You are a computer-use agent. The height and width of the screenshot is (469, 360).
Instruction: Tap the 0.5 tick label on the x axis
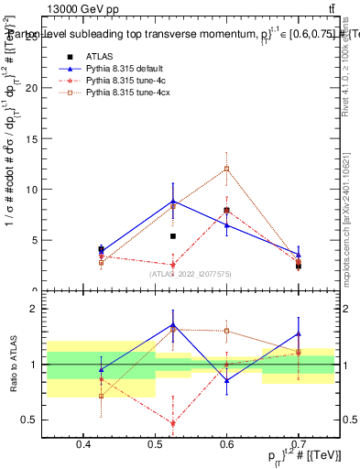coord(155,444)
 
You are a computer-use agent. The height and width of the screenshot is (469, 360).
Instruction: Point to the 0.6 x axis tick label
coord(226,444)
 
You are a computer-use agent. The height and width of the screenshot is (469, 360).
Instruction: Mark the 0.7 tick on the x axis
coord(298,444)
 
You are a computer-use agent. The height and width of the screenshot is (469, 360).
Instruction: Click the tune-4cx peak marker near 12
coord(227,169)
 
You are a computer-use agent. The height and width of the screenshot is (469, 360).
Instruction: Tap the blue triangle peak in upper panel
coord(172,201)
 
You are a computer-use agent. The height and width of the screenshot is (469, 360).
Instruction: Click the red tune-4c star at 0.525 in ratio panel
coord(172,422)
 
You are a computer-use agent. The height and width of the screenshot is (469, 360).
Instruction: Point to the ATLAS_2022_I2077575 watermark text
coord(191,273)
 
